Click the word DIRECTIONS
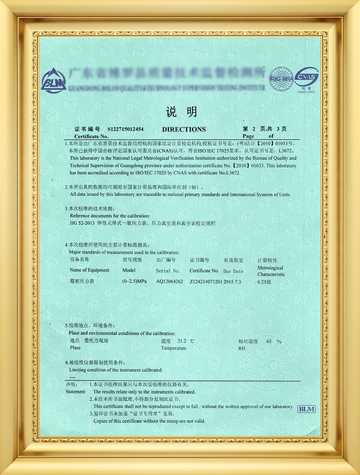coord(184,129)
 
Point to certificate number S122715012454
coord(125,129)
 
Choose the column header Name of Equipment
coord(89,270)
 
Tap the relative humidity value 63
coord(269,341)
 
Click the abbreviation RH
coord(242,348)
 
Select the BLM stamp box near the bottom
coord(306,408)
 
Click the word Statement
coord(76,391)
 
